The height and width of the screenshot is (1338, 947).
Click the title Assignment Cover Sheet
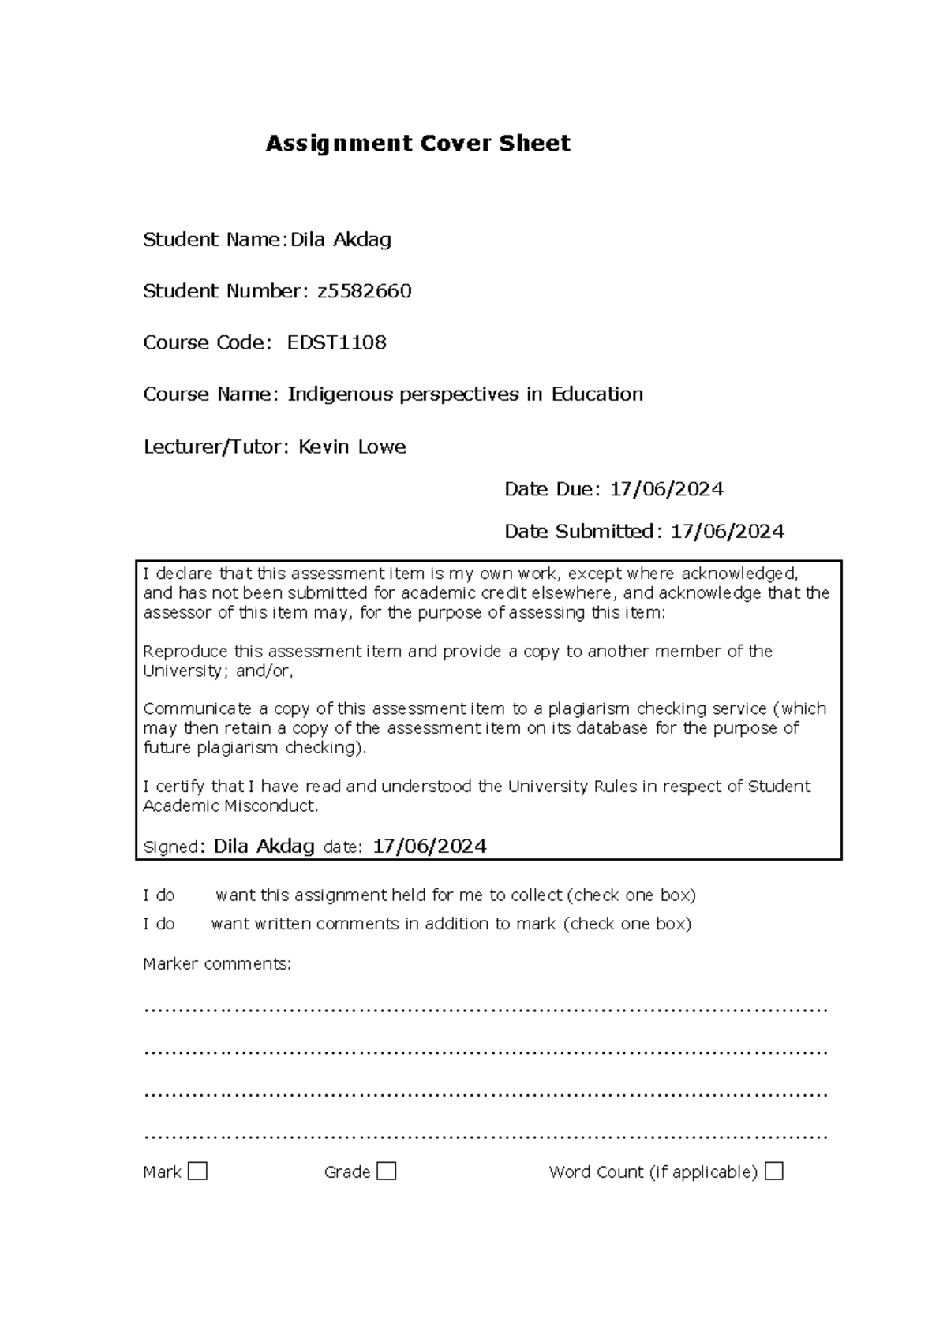coord(417,144)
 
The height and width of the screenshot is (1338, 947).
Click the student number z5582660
coord(364,291)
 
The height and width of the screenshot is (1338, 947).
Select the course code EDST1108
coord(336,342)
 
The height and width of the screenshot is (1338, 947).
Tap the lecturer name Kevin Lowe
coord(352,447)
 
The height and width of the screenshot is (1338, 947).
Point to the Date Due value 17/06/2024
coord(666,489)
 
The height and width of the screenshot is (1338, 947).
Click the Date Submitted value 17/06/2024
coord(727,531)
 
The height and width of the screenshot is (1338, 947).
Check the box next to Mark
coord(198,1171)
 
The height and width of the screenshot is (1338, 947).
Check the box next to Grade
coord(387,1171)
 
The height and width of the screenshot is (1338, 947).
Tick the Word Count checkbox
coord(774,1171)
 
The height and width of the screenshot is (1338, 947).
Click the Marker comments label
coord(217,963)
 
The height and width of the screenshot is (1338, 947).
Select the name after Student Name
coord(341,240)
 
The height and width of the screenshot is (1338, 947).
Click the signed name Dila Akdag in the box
coord(264,847)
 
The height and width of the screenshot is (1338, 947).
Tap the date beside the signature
coord(429,847)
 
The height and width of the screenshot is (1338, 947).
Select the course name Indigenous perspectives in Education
coord(465,394)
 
